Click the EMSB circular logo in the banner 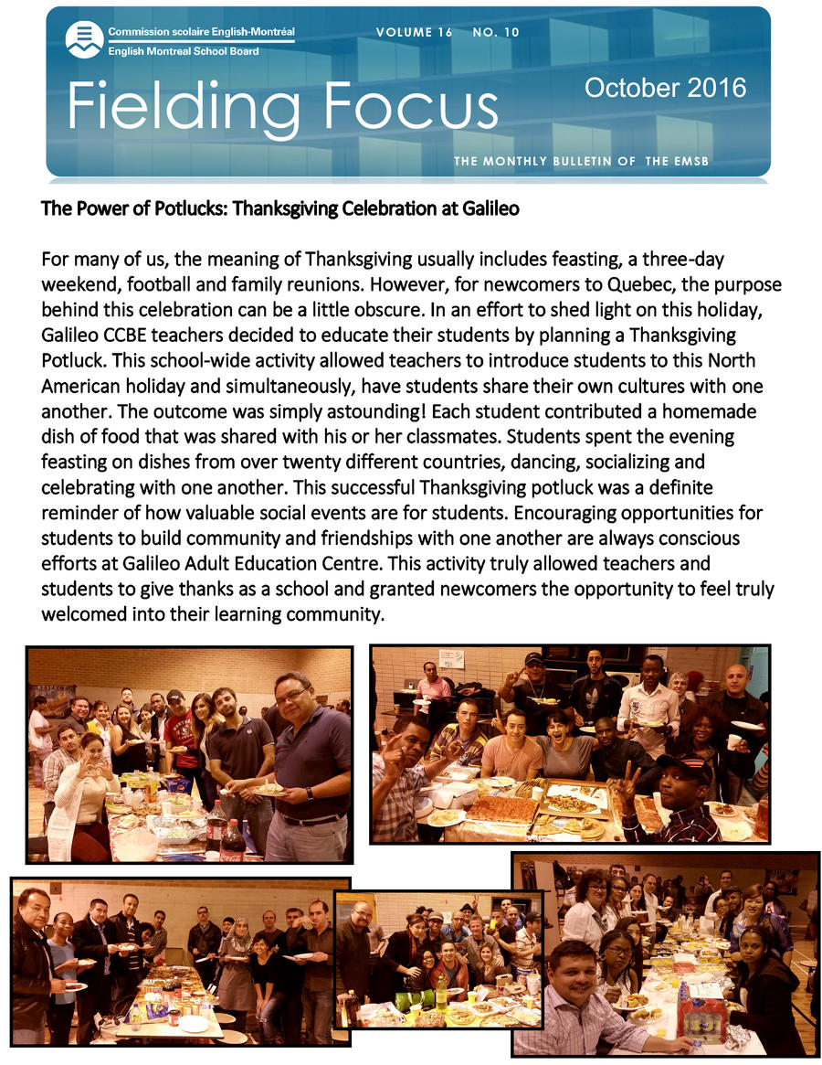click(x=83, y=38)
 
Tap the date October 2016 click(x=665, y=88)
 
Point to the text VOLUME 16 click(x=415, y=33)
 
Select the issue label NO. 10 click(x=496, y=33)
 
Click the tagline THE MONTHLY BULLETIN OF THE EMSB click(x=582, y=162)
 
